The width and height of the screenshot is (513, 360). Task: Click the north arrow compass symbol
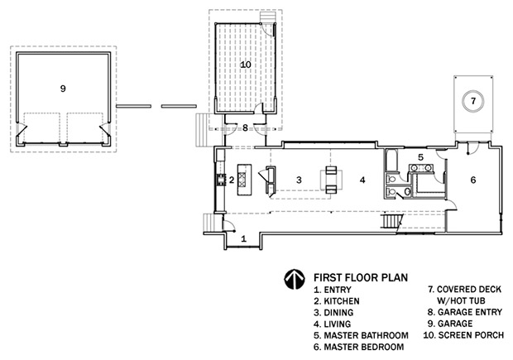click(295, 280)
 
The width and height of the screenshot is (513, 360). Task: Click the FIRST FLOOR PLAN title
click(361, 277)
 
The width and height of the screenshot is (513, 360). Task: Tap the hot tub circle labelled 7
click(473, 101)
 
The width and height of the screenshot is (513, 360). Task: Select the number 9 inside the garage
click(63, 89)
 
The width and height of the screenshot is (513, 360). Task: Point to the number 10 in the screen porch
click(246, 65)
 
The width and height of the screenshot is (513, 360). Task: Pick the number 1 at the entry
click(244, 239)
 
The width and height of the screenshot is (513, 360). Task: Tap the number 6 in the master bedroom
click(473, 180)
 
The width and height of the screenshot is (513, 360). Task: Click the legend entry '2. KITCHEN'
click(337, 300)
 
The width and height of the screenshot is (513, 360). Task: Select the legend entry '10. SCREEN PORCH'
click(463, 335)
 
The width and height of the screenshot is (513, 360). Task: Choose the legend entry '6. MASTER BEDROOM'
click(359, 347)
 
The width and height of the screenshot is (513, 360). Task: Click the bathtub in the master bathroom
click(391, 161)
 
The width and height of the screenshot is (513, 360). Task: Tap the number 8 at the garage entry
click(246, 127)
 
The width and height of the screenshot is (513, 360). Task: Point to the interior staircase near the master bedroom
click(391, 221)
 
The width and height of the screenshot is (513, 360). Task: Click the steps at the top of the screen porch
click(267, 17)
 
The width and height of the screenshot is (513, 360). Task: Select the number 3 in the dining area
click(299, 180)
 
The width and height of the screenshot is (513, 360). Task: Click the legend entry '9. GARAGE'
click(450, 324)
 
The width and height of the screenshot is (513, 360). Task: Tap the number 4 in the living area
click(362, 180)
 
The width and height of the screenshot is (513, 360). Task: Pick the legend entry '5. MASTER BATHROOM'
click(362, 335)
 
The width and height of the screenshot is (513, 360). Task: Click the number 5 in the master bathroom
click(420, 157)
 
